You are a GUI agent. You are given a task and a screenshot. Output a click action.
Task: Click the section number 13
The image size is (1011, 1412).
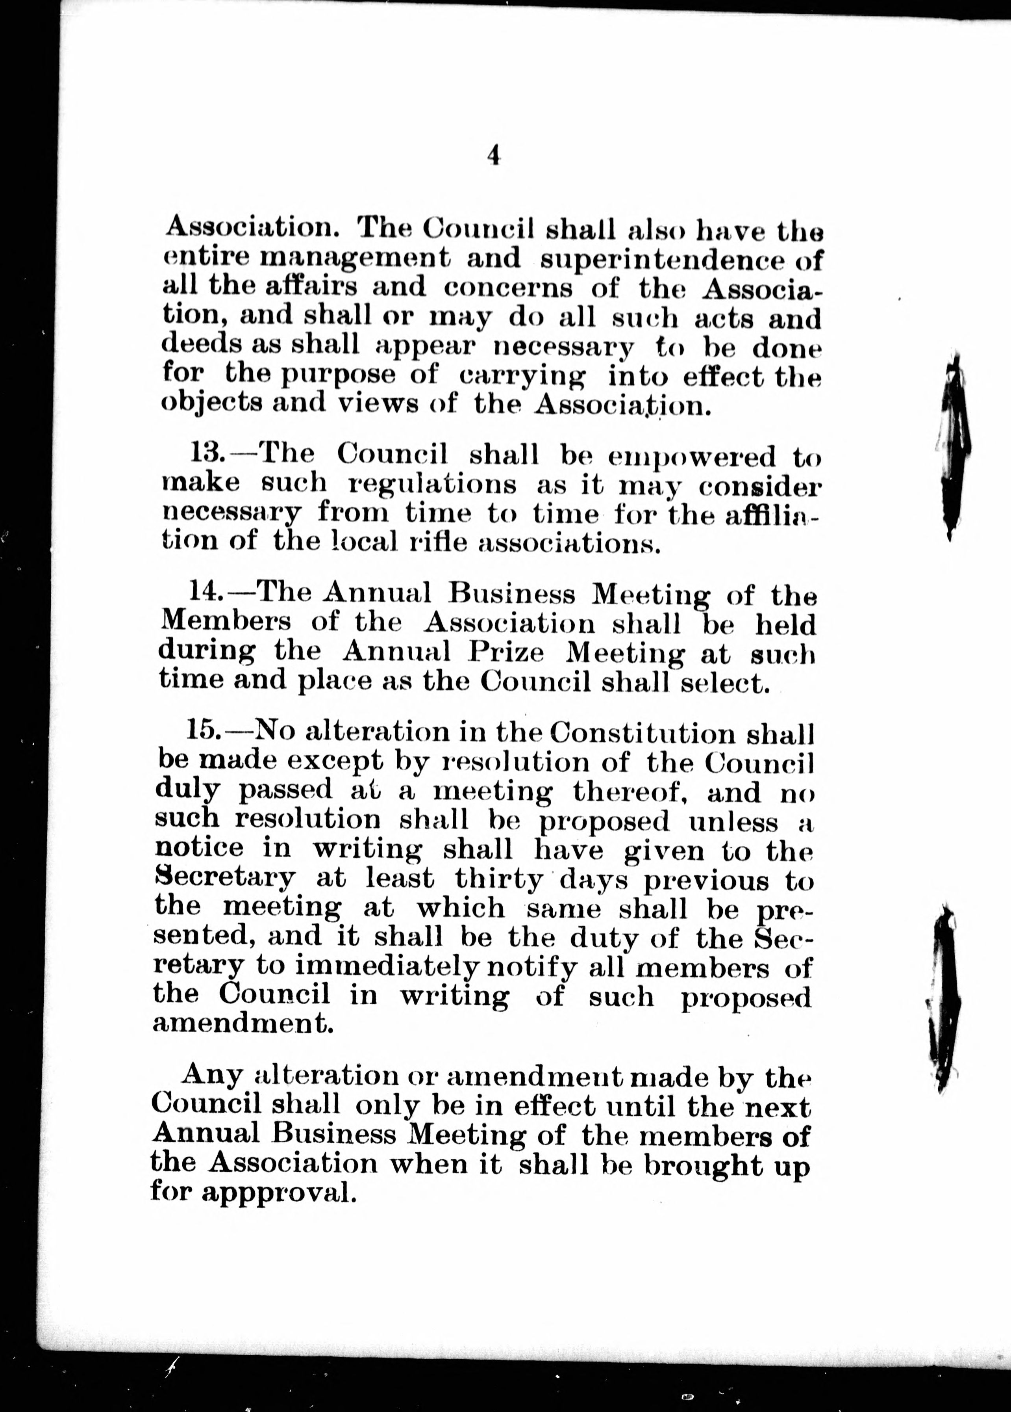pos(207,454)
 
